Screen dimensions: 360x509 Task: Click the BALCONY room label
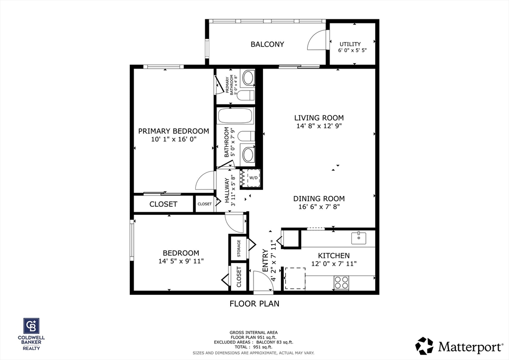coord(267,44)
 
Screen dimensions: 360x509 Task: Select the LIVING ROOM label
coord(319,118)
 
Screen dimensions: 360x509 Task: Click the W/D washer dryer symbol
coord(253,178)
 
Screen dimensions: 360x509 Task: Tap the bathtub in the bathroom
coord(236,117)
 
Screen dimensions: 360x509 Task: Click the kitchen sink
coord(358,238)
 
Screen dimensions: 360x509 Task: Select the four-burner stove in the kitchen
coord(341,282)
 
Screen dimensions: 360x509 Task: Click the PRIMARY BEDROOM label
coord(173,131)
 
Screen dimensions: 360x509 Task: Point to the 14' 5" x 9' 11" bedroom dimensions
coord(181,261)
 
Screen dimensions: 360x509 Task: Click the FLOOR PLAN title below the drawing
coord(254,303)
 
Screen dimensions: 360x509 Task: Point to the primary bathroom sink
coord(247,78)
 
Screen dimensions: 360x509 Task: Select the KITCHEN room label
coord(334,256)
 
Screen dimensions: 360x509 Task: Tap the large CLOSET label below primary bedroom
coord(163,204)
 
